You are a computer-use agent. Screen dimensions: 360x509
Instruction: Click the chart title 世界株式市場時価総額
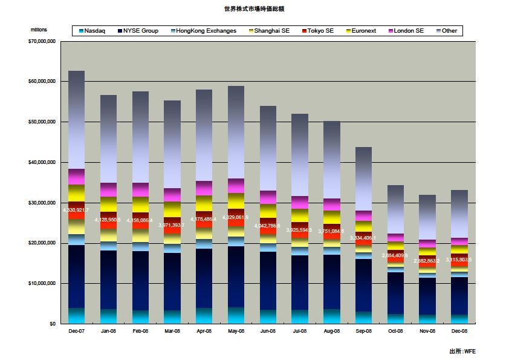click(x=254, y=8)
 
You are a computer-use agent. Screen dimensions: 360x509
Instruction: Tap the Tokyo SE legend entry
click(x=320, y=31)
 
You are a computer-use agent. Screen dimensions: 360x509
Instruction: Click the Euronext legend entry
click(x=364, y=31)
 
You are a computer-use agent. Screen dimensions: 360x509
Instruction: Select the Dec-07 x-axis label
click(x=76, y=331)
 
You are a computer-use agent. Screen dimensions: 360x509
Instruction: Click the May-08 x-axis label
click(x=236, y=331)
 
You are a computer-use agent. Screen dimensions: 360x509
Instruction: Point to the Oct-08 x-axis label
click(x=395, y=331)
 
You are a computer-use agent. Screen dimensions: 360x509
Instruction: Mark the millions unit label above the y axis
click(x=38, y=30)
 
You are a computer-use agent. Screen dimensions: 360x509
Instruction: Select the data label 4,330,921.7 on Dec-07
click(x=76, y=210)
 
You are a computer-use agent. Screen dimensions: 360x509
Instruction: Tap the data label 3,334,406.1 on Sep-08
click(x=363, y=238)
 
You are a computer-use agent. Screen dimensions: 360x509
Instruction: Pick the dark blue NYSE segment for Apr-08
click(x=204, y=278)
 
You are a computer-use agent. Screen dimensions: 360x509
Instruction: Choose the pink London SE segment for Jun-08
click(x=268, y=197)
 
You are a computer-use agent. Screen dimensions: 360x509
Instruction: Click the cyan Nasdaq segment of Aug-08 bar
click(x=331, y=316)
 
